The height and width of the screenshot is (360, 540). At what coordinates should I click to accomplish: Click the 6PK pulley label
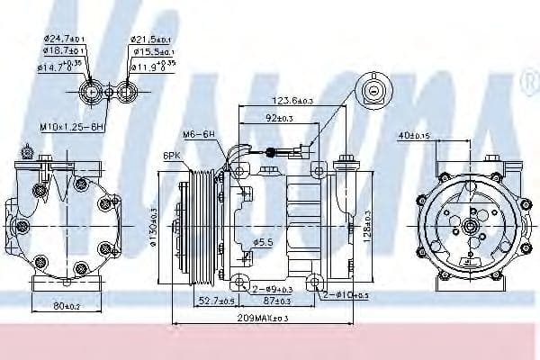point(172,156)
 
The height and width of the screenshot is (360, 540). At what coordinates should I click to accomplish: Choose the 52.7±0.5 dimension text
point(216,300)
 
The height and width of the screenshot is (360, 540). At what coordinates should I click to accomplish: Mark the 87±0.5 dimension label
point(279,300)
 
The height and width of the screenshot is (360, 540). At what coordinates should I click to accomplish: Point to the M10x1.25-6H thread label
point(72,126)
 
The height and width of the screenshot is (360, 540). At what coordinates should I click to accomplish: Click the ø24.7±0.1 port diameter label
point(64,40)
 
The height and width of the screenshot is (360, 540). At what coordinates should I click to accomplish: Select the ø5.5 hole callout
point(263,243)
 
